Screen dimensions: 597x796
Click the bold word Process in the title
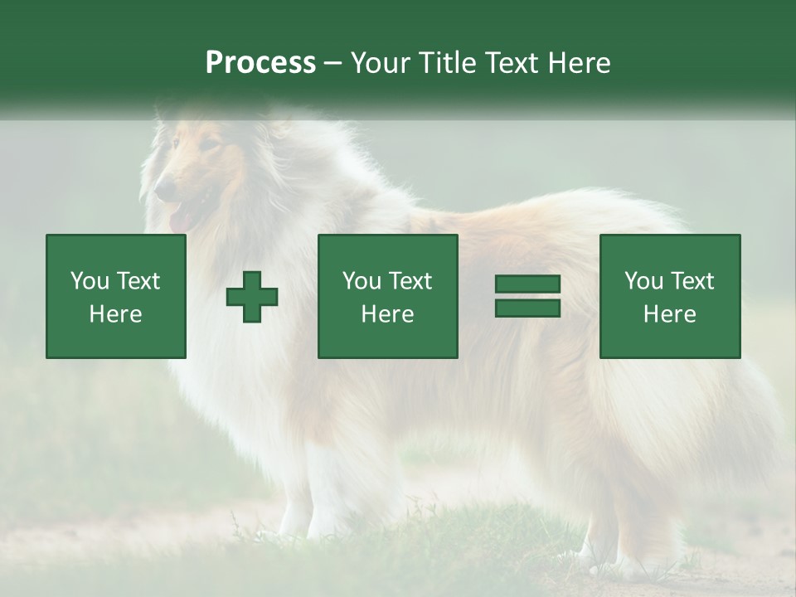(260, 63)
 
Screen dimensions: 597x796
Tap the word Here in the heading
(578, 63)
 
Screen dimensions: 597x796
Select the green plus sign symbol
(252, 296)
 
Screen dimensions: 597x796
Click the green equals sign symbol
(527, 296)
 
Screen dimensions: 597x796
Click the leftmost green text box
(116, 296)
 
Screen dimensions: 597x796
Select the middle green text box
(387, 296)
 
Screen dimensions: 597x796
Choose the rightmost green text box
(669, 296)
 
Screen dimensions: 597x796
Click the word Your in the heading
(381, 63)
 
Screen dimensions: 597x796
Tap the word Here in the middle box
(387, 314)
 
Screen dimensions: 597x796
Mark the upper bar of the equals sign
(527, 284)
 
